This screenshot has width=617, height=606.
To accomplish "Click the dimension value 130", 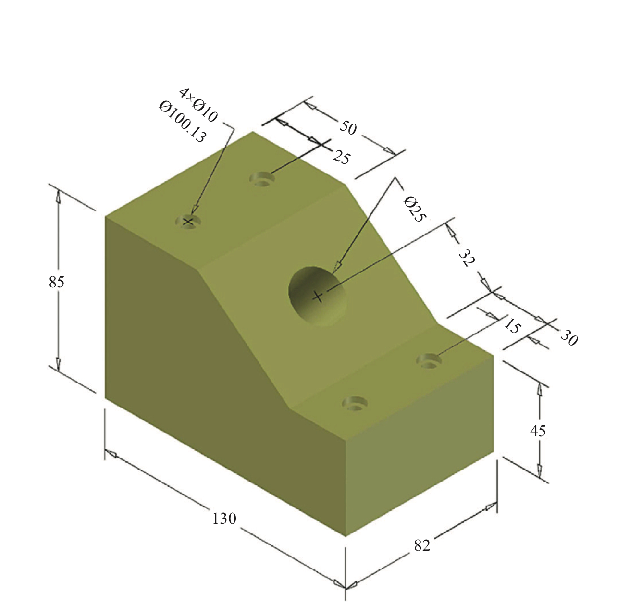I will (x=224, y=519).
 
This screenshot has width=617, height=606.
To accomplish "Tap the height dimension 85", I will (x=56, y=282).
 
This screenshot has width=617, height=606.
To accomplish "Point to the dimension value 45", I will (x=538, y=431).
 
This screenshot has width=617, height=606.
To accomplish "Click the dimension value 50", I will (x=348, y=127).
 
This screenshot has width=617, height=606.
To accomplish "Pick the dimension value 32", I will (x=467, y=258).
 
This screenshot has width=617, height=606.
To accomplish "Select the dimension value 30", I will (x=568, y=338).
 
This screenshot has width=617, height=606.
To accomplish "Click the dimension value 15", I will (x=512, y=326).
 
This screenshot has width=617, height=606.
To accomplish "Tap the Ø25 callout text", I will (x=415, y=209).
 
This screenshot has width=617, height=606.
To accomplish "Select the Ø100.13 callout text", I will (x=183, y=122).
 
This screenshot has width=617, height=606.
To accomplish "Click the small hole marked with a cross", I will (x=188, y=222).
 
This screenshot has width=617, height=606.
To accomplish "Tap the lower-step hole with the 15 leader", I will (x=429, y=360).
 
